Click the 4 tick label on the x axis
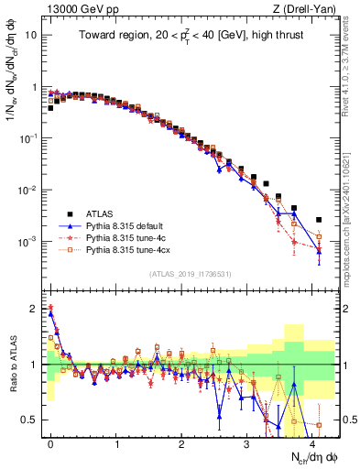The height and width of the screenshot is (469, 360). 312,442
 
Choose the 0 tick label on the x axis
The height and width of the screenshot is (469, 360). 51,442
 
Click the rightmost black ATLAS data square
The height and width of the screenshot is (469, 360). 318,220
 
